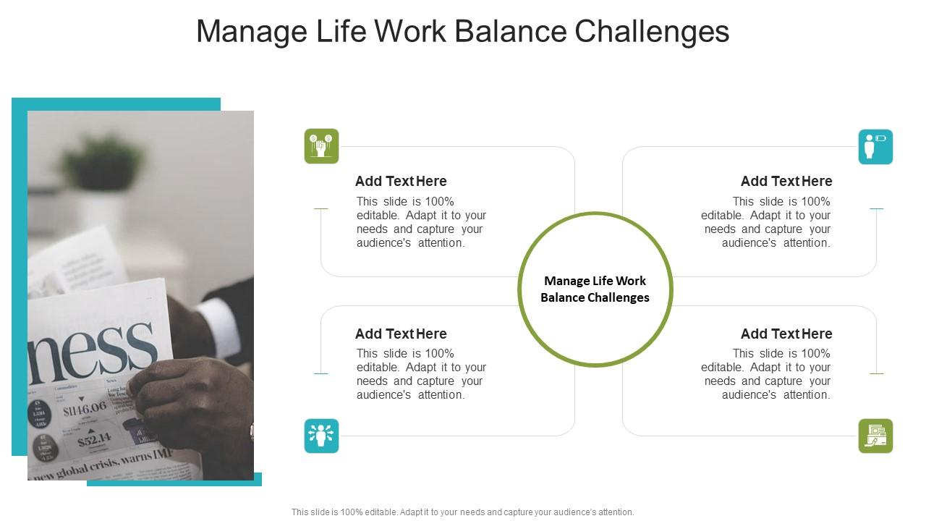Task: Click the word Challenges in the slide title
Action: [652, 32]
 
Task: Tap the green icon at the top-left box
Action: [321, 146]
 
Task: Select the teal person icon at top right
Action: [875, 147]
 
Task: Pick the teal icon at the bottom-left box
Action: [321, 436]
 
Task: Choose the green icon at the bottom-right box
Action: [875, 436]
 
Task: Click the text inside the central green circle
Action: [595, 289]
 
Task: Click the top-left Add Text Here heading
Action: [401, 181]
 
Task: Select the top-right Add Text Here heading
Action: [786, 181]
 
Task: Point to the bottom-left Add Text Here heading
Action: [401, 334]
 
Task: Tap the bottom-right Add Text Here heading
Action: [786, 334]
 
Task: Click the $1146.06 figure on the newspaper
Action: [85, 409]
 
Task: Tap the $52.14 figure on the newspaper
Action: [94, 439]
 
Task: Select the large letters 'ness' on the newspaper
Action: [94, 346]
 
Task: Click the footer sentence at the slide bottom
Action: [463, 512]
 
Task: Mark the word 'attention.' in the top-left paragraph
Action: [441, 243]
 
